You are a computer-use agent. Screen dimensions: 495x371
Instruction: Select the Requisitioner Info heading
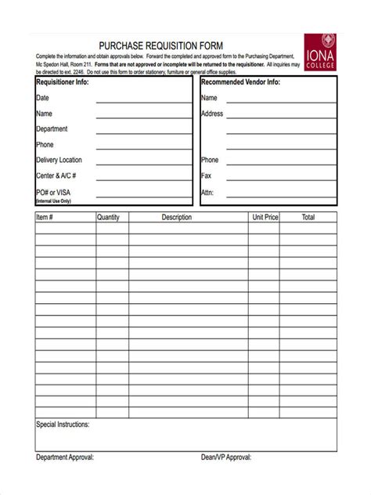pos(63,81)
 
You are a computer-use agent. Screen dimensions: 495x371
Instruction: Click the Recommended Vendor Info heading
pos(240,81)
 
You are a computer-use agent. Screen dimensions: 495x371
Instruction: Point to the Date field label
pos(42,98)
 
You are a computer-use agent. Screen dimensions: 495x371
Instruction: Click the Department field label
pos(52,129)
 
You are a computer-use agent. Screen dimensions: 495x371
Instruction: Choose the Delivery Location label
pos(59,160)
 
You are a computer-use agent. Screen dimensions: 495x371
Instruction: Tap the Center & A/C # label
pos(56,175)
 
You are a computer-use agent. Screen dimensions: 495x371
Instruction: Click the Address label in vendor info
pos(212,114)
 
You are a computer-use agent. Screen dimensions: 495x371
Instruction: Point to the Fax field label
pos(207,175)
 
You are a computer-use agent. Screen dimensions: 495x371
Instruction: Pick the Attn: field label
pos(207,191)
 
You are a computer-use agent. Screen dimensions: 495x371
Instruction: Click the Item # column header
pos(44,218)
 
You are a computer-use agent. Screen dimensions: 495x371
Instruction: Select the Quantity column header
pos(108,218)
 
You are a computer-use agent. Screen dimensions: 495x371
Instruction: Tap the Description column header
pos(176,218)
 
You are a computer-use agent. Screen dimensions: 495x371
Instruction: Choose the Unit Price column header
pos(265,218)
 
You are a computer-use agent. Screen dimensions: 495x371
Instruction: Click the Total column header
pos(308,218)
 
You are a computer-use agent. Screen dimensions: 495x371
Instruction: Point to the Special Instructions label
pos(63,425)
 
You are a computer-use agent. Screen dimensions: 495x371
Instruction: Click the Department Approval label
pos(65,457)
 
